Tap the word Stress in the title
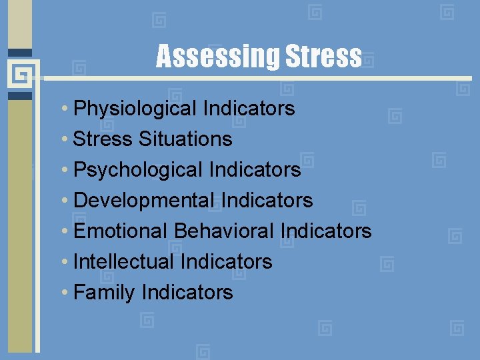click(323, 57)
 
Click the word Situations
click(185, 139)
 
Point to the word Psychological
click(138, 169)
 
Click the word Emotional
click(121, 231)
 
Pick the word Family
click(104, 292)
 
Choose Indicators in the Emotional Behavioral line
click(326, 231)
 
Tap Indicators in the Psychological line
click(255, 169)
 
